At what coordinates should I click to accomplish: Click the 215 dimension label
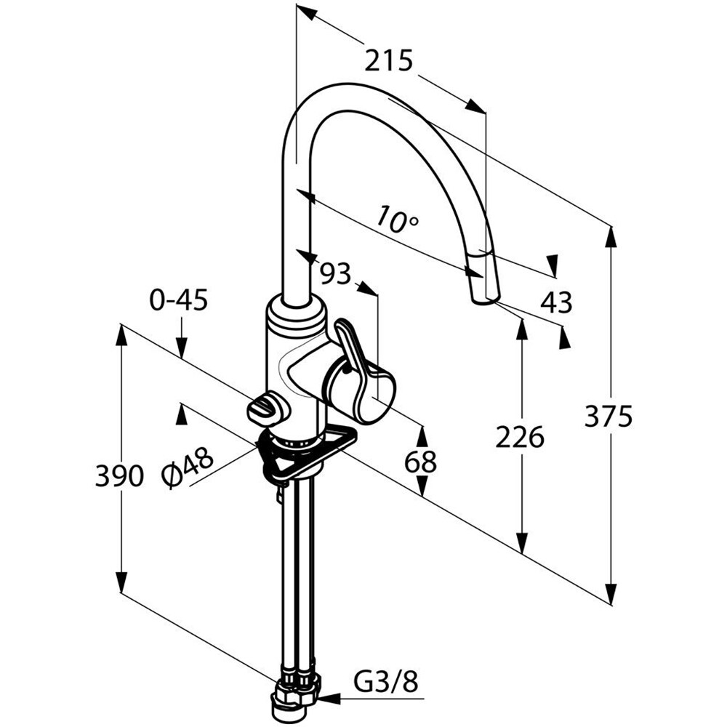388,61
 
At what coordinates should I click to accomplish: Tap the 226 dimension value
519,437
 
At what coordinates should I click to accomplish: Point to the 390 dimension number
119,475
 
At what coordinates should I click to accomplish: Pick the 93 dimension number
336,273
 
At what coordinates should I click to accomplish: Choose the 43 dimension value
556,302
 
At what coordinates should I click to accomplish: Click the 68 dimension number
420,462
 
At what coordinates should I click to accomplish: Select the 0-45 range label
179,301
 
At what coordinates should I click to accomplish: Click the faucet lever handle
355,358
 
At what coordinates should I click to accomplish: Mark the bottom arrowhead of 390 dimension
121,581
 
